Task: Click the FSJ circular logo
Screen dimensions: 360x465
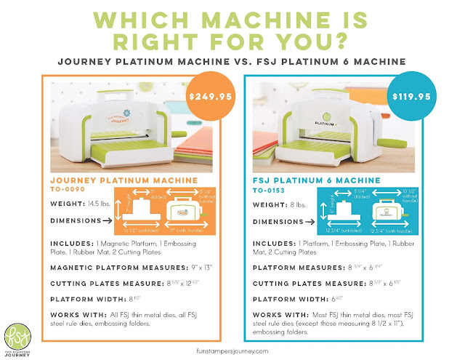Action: tap(18, 333)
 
